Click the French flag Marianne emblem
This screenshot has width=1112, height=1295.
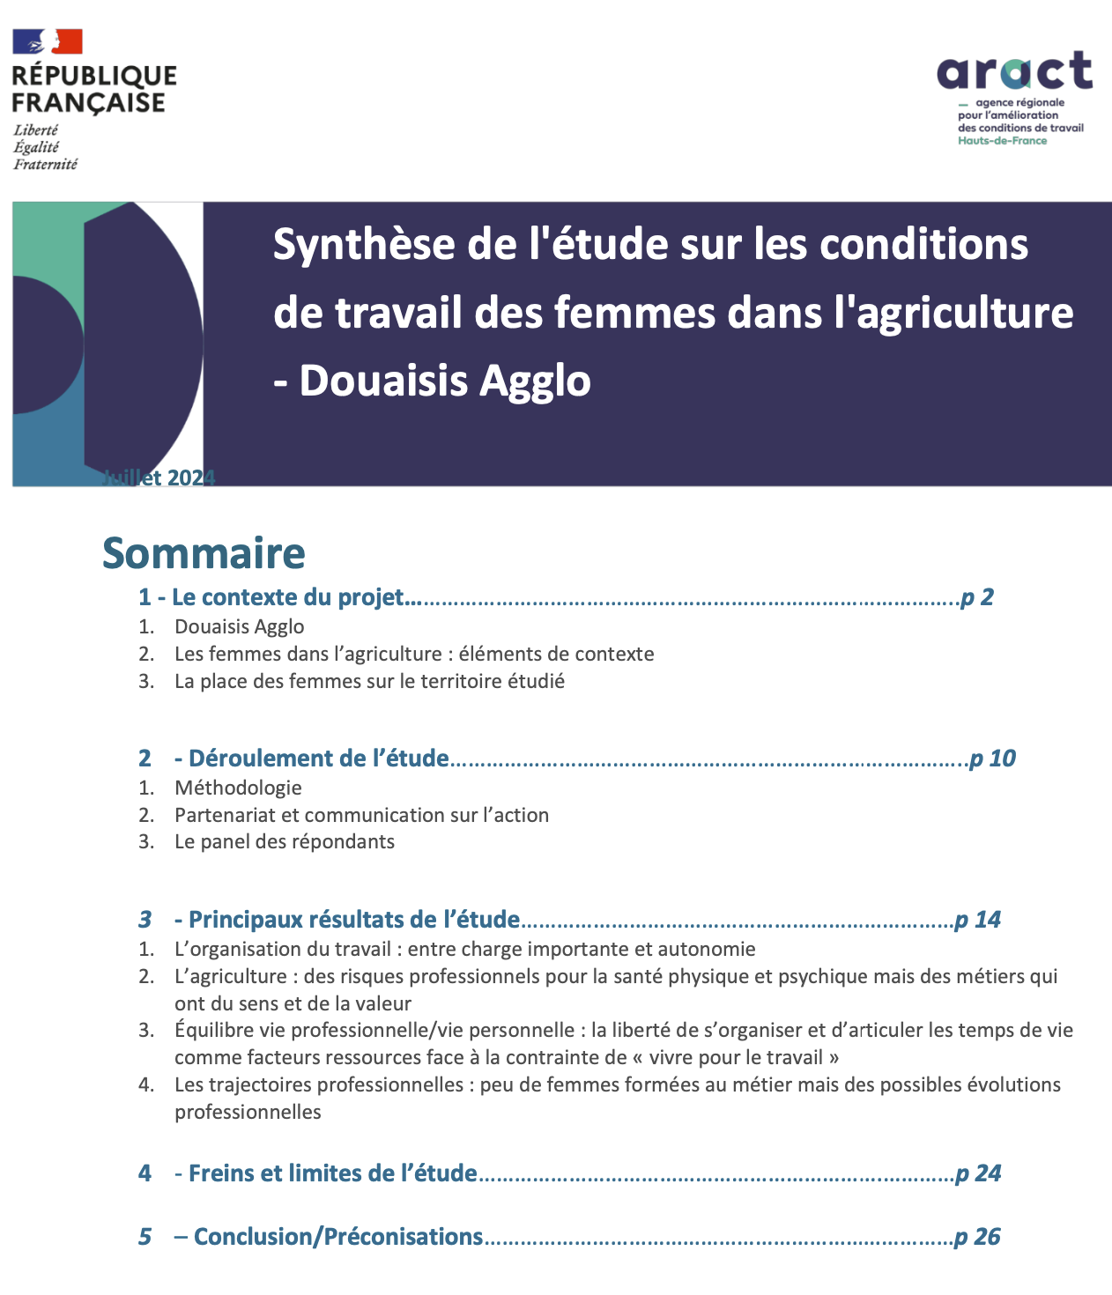[x=48, y=41]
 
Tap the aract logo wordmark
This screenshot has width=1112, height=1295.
[x=1014, y=70]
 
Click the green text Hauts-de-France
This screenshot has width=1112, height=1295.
[x=1002, y=141]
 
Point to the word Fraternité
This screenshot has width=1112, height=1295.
[x=45, y=164]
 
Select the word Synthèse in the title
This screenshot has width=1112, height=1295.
[x=364, y=244]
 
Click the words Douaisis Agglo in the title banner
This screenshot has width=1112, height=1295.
[x=445, y=381]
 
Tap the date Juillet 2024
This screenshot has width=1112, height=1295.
[x=159, y=477]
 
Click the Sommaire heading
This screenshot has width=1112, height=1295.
[x=204, y=553]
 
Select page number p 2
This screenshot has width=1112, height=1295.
[x=977, y=597]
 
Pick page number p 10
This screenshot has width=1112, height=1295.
[x=992, y=758]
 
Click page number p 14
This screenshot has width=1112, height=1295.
[x=978, y=920]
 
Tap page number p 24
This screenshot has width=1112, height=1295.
[x=978, y=1173]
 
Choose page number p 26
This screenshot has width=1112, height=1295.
[x=978, y=1237]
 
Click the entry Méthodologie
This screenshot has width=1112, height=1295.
[x=238, y=788]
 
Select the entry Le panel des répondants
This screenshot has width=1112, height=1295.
[x=284, y=841]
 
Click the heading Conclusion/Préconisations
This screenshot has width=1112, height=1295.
[x=337, y=1237]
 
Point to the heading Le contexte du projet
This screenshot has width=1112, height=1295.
[x=287, y=597]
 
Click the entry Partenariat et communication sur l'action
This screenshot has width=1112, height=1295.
[x=361, y=815]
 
